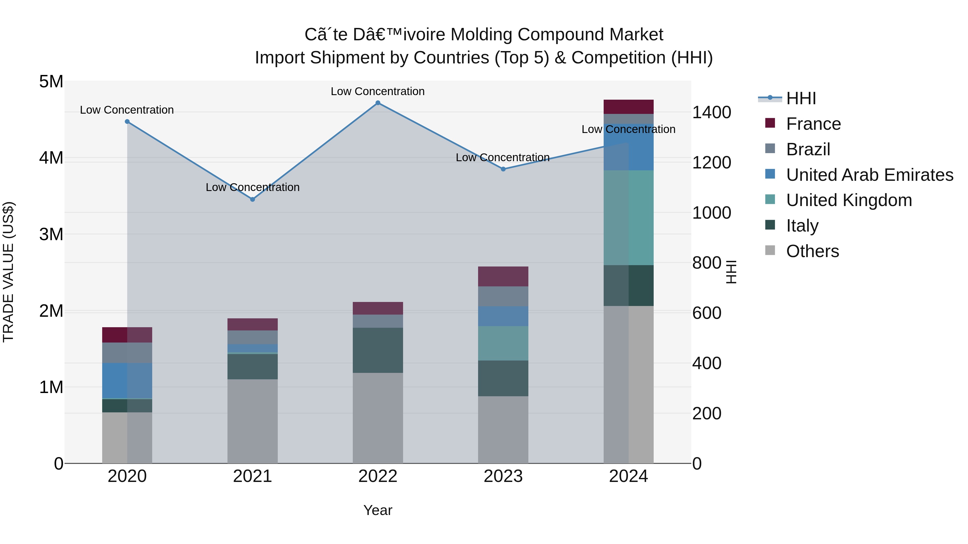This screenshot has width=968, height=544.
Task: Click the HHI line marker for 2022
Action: pyautogui.click(x=378, y=103)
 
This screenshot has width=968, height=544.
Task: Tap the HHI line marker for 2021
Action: pyautogui.click(x=252, y=199)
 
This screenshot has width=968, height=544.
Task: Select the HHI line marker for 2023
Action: pyautogui.click(x=503, y=169)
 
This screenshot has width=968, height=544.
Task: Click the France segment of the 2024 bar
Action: pyautogui.click(x=628, y=107)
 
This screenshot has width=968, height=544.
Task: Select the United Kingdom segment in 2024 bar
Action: pyautogui.click(x=628, y=218)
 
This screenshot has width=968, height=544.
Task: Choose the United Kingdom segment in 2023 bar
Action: pyautogui.click(x=503, y=343)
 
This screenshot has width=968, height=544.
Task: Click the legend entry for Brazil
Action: pyautogui.click(x=808, y=149)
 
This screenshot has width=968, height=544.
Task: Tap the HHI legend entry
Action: pyautogui.click(x=800, y=98)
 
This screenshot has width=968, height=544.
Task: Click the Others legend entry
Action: pyautogui.click(x=812, y=251)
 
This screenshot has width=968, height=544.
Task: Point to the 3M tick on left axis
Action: pyautogui.click(x=51, y=234)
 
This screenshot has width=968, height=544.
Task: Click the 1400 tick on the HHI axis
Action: pyautogui.click(x=711, y=112)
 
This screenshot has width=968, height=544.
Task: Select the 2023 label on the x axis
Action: pyautogui.click(x=503, y=476)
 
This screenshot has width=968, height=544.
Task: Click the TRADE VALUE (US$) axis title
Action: pyautogui.click(x=8, y=272)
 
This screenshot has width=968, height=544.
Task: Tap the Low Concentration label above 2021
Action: pyautogui.click(x=252, y=187)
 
